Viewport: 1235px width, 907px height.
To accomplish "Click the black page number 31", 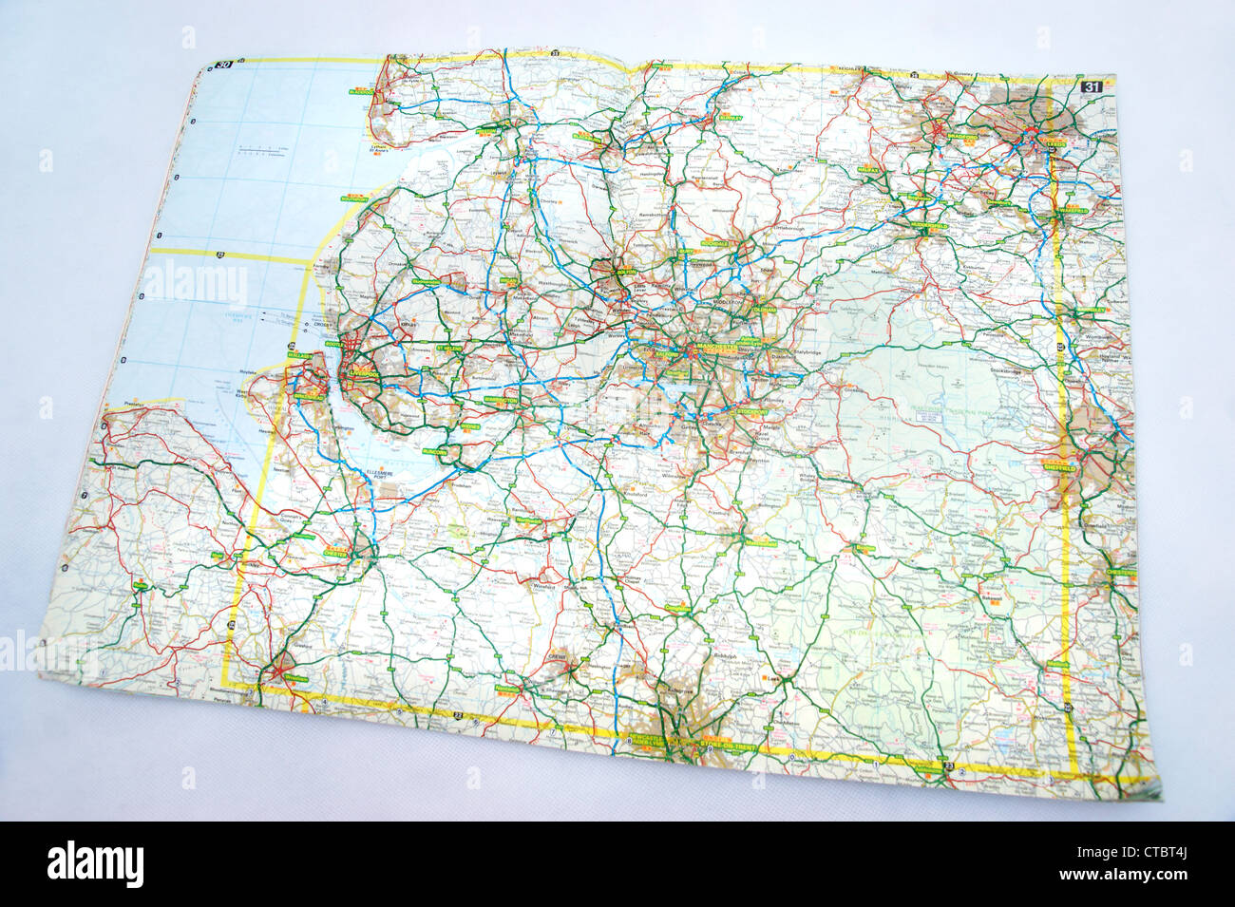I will click(x=1092, y=87).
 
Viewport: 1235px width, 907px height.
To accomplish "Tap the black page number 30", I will click(x=224, y=66).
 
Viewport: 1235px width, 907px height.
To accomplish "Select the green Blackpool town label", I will click(x=361, y=92).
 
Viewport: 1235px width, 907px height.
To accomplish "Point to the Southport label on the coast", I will click(x=353, y=199).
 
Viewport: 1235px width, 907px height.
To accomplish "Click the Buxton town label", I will click(x=864, y=549).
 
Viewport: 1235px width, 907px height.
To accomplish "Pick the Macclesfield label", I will click(x=760, y=542).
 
